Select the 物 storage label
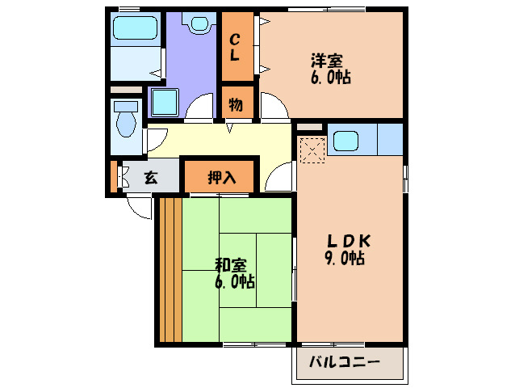point(236,104)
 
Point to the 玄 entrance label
point(151,178)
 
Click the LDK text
point(348,241)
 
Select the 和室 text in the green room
point(230,265)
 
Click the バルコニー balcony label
point(345,362)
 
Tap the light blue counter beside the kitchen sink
point(389,140)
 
